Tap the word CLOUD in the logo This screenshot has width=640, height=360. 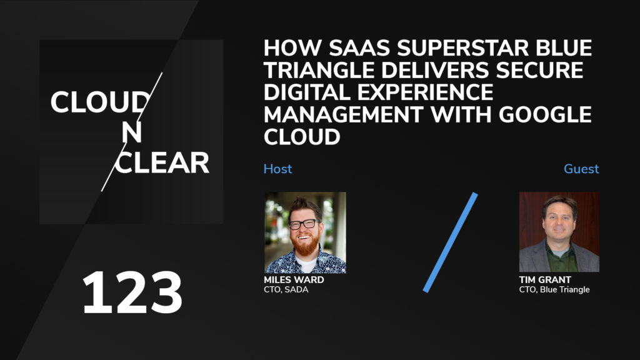[x=100, y=102]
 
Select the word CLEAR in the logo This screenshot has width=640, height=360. [x=162, y=162]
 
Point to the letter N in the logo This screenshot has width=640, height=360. [x=131, y=133]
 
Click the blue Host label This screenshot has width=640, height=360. [x=277, y=169]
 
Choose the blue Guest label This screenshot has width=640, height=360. [x=581, y=169]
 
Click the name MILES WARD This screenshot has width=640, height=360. [x=294, y=280]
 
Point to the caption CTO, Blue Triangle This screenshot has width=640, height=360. [x=554, y=289]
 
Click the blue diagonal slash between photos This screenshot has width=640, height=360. [x=450, y=242]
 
